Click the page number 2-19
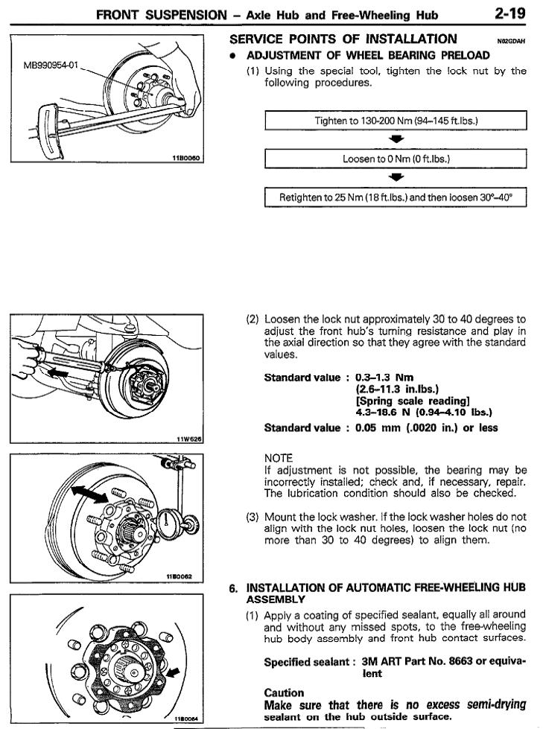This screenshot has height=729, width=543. click(x=510, y=13)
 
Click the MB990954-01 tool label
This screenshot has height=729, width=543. click(x=51, y=65)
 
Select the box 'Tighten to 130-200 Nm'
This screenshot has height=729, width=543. click(x=396, y=121)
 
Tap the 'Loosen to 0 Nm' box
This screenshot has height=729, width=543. click(x=396, y=159)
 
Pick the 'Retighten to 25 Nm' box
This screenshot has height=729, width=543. click(x=396, y=197)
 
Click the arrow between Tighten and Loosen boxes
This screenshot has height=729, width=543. click(x=396, y=139)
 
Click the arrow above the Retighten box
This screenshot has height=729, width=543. click(x=396, y=178)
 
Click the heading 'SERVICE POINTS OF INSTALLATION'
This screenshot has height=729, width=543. click(x=343, y=39)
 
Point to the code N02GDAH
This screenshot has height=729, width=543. click(x=510, y=42)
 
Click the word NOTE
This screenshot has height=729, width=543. click(x=279, y=458)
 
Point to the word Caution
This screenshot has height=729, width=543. click(x=284, y=692)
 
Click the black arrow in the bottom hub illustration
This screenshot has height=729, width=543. click(x=174, y=672)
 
